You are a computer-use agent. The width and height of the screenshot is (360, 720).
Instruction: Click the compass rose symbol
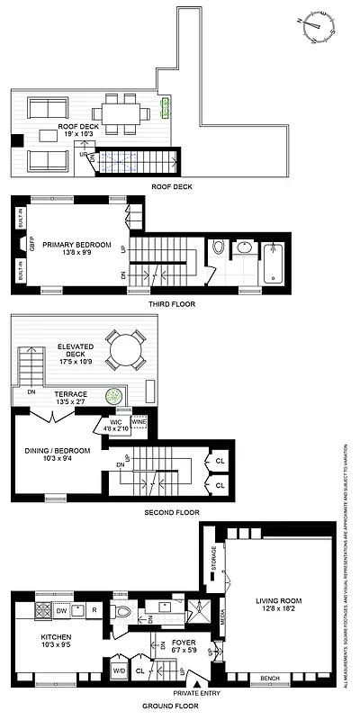[315, 30]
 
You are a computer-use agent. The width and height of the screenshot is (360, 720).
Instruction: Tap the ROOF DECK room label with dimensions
[79, 132]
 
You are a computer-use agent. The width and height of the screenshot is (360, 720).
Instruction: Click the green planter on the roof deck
[165, 109]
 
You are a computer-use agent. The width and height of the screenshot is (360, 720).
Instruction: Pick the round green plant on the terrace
[113, 395]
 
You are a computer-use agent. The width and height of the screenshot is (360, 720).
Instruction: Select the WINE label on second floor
[139, 420]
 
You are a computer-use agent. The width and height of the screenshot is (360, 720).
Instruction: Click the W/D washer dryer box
[119, 670]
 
